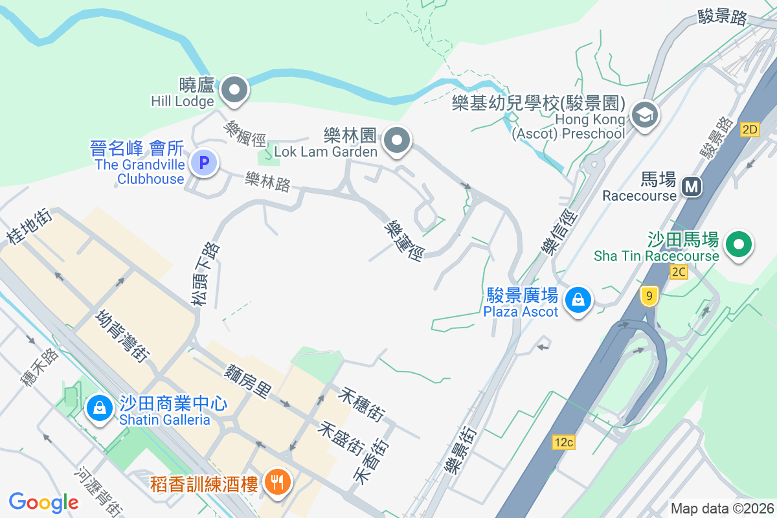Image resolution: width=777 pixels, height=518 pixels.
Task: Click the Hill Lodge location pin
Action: [234, 90]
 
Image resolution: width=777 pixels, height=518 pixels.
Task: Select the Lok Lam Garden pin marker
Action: [397, 140]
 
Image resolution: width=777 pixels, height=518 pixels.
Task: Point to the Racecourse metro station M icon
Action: [692, 187]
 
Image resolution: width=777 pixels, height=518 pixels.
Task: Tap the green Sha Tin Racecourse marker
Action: [739, 245]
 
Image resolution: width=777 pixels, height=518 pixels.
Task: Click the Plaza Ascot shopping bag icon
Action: [576, 300]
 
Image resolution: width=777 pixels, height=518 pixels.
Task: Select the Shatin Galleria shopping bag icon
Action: [99, 408]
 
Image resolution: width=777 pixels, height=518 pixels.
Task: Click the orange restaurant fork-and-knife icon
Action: [278, 482]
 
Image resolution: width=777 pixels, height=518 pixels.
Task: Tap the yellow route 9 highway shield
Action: [648, 297]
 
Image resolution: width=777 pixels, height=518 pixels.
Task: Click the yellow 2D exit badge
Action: [750, 129]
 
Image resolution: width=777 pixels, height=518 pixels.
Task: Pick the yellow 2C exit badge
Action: [679, 272]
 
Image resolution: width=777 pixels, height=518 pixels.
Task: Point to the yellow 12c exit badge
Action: [563, 443]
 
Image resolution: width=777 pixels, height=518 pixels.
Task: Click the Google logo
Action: [43, 502]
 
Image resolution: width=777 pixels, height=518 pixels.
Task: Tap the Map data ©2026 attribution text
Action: [722, 508]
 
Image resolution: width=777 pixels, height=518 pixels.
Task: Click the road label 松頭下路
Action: [205, 274]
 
